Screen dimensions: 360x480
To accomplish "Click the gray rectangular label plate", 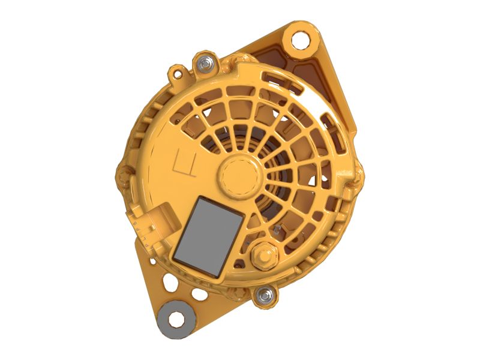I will click(208, 236).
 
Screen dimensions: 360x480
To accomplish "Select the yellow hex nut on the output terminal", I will click(264, 258).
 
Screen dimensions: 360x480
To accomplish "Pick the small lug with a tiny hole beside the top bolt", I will click(176, 74).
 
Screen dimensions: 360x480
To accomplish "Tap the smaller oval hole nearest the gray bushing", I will click(196, 295).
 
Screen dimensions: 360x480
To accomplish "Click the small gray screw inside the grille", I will click(276, 230).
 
